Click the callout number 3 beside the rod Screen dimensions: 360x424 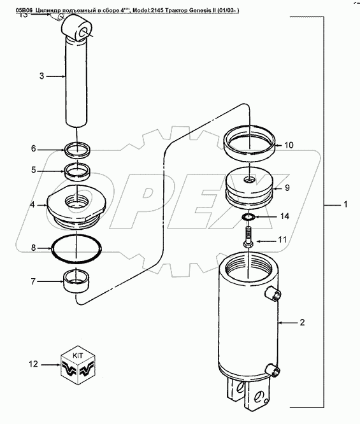41,76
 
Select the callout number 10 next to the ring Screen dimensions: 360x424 289,145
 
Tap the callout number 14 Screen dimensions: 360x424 284,216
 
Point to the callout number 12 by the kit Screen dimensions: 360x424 33,364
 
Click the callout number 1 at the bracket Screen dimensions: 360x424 345,204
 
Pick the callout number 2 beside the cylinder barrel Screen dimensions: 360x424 302,322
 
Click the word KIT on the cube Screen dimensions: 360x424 78,356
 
